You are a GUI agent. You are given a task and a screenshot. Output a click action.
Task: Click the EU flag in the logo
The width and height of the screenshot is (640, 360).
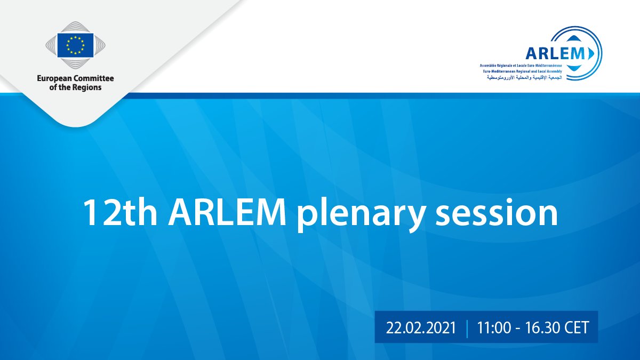point(75,45)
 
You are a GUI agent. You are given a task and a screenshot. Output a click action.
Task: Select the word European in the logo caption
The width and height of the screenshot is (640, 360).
point(54,78)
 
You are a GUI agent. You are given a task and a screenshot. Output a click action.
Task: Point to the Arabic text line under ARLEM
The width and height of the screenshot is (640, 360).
point(525,77)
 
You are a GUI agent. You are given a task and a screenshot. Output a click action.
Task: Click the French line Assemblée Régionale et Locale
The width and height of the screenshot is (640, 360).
point(521,66)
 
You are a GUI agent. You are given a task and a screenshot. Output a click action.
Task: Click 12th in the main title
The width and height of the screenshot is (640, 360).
point(119,213)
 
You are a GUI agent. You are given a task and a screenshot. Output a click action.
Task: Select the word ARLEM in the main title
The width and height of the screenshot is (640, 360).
point(227,213)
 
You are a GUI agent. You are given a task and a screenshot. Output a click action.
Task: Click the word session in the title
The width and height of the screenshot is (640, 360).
point(497,213)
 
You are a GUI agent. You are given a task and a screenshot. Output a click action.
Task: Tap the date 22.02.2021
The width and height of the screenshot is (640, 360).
point(421,327)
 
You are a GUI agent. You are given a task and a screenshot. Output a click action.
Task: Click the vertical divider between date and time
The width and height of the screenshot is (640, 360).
point(467,329)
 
